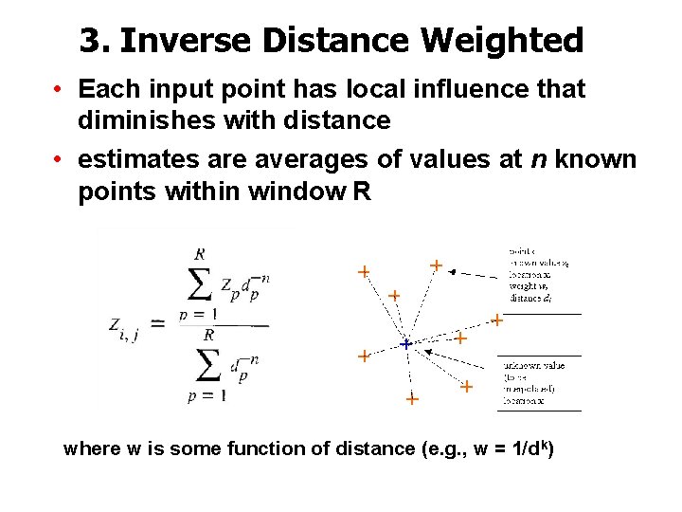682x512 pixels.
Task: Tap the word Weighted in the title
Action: (x=503, y=40)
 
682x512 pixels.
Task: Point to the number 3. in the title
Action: (x=96, y=40)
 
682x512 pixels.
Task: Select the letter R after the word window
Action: (x=362, y=192)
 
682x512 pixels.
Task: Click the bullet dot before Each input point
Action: (x=59, y=91)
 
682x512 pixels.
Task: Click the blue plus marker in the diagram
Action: (x=405, y=344)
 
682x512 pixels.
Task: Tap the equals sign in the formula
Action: (x=159, y=324)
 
